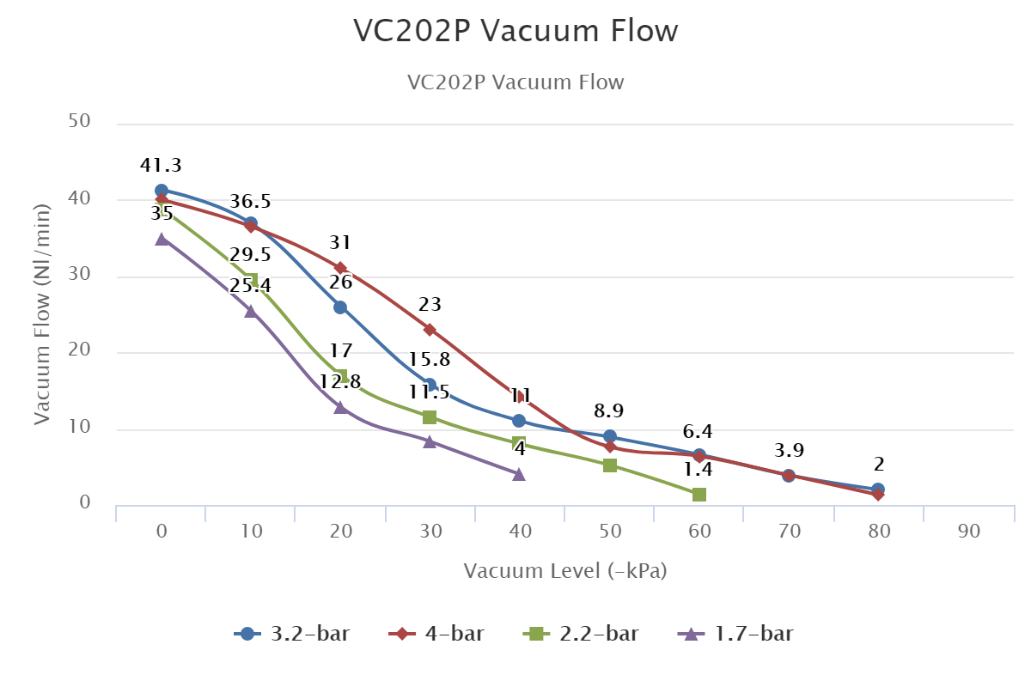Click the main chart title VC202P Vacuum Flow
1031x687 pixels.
click(x=515, y=31)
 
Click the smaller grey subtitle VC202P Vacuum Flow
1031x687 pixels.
click(x=515, y=82)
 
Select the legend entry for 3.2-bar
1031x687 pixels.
click(x=292, y=635)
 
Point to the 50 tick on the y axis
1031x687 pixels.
click(x=80, y=122)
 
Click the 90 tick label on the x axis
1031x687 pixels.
click(x=968, y=532)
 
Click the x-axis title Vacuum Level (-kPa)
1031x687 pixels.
click(x=565, y=571)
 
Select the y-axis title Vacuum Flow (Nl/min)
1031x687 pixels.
click(x=43, y=313)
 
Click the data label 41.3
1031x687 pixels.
click(x=161, y=166)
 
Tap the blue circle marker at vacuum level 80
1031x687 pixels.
click(x=877, y=489)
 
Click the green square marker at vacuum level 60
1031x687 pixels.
click(x=699, y=495)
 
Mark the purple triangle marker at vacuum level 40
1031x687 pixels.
click(x=519, y=474)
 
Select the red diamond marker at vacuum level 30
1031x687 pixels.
click(x=430, y=330)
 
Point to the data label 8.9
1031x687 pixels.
click(x=610, y=411)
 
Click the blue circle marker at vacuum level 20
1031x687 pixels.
click(x=340, y=307)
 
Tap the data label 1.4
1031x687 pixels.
click(x=699, y=469)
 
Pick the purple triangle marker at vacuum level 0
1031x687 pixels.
click(x=162, y=240)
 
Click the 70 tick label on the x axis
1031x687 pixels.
click(x=790, y=532)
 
